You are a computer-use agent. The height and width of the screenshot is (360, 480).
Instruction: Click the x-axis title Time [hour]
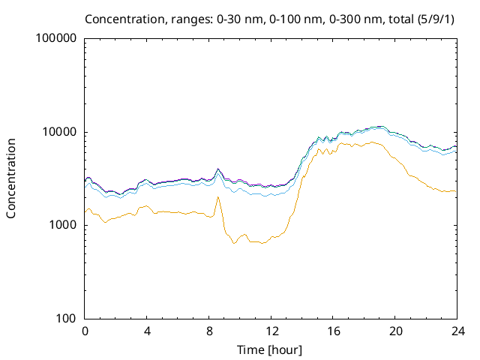click(x=270, y=349)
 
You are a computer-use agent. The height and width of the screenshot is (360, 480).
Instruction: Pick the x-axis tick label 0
click(x=85, y=331)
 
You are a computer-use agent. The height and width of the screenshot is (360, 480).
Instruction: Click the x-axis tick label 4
click(x=147, y=331)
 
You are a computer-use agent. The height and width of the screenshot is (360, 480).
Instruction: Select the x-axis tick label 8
click(x=209, y=331)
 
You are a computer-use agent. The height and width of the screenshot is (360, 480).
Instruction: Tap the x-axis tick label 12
click(x=271, y=331)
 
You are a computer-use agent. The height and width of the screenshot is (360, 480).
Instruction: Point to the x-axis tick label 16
click(x=333, y=331)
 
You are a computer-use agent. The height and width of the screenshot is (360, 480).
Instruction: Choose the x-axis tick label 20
click(x=394, y=331)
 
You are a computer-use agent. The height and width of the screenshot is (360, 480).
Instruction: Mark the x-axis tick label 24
click(x=456, y=331)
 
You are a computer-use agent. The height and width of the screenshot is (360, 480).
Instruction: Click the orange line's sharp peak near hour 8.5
click(x=217, y=197)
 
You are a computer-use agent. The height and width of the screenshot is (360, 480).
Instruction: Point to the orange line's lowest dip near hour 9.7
click(x=235, y=243)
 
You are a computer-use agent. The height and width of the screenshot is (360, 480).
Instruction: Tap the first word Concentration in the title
click(x=122, y=18)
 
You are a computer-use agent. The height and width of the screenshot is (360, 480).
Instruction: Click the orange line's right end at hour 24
click(x=455, y=191)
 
